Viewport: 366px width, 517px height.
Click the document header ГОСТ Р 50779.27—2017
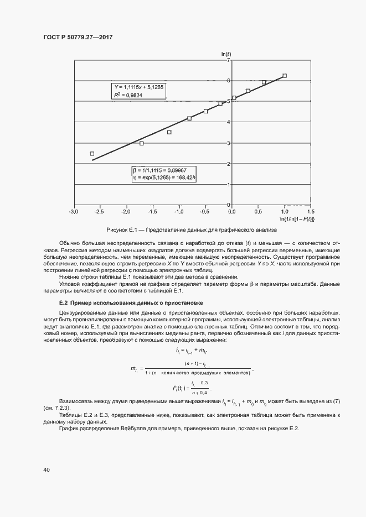coord(81,38)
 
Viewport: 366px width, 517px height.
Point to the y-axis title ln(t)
coord(226,54)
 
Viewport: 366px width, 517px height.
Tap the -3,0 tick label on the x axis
coord(73,212)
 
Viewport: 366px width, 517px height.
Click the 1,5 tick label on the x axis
coord(310,212)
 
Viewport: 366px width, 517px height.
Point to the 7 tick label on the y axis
coord(228,60)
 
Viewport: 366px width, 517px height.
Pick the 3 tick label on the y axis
coord(228,143)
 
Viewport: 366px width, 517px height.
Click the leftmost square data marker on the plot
coord(92,154)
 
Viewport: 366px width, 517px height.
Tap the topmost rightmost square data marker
coord(285,76)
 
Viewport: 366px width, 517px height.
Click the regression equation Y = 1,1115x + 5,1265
coord(139,87)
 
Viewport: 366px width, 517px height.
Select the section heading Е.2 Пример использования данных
coord(131,303)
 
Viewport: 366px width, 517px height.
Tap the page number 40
coord(47,470)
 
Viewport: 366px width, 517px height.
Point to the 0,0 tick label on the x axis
coord(231,212)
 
